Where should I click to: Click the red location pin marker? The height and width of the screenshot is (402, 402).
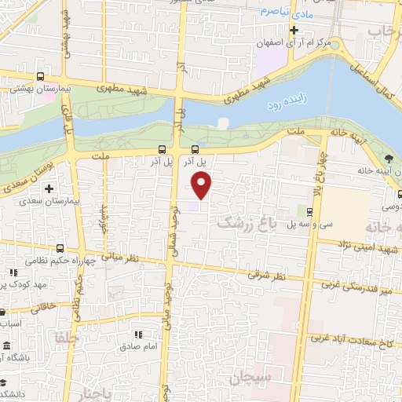click(x=203, y=185)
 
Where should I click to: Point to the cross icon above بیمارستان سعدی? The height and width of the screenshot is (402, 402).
click(x=49, y=189)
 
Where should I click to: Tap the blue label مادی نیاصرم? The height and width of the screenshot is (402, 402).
click(x=280, y=13)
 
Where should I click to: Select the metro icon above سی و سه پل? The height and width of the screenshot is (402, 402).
click(x=309, y=211)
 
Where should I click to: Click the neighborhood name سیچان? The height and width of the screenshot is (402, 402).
click(x=250, y=378)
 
